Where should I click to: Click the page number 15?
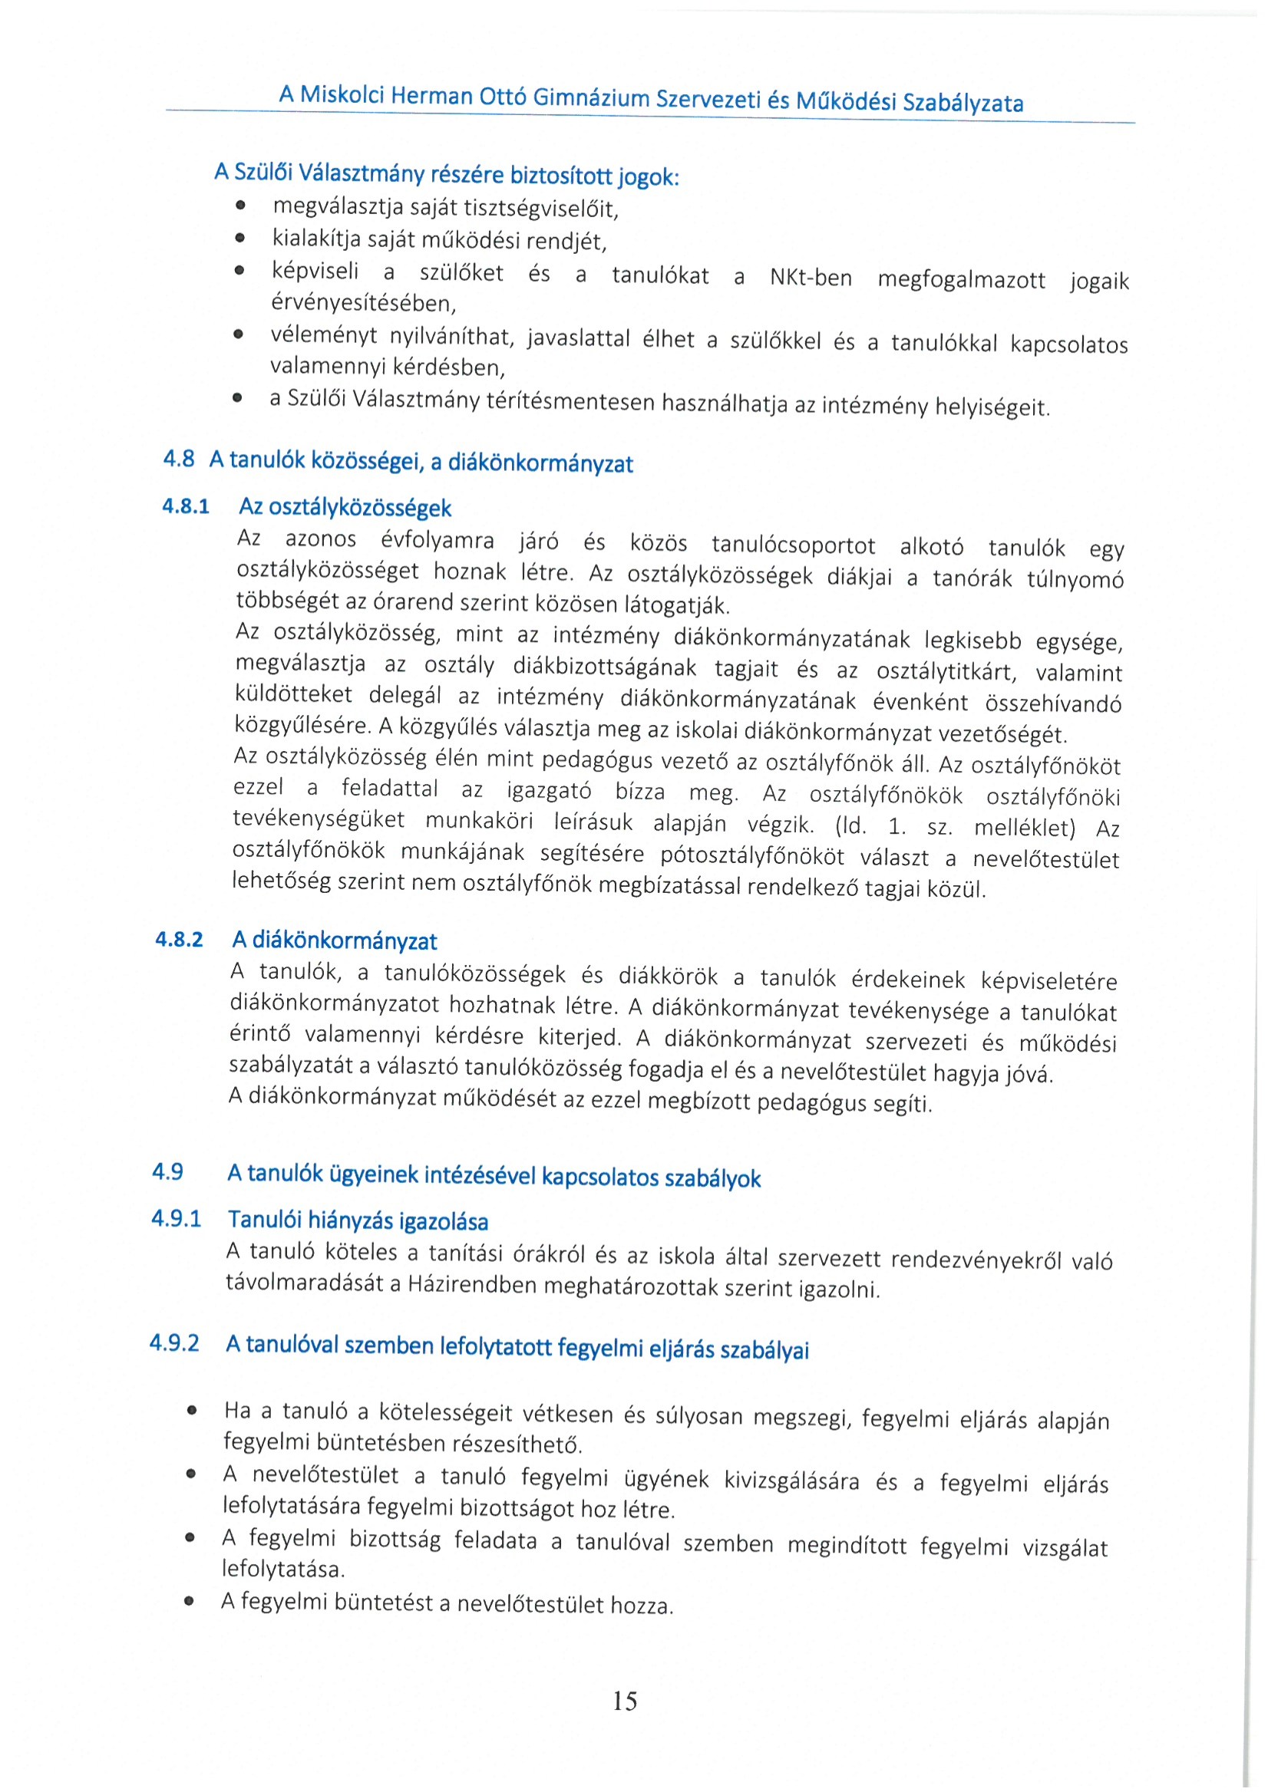(x=625, y=1700)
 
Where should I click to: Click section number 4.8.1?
(x=186, y=506)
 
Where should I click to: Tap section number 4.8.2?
(x=179, y=939)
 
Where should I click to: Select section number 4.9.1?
(x=177, y=1218)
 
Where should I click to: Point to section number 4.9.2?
(x=174, y=1343)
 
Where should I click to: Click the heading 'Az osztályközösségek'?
(x=345, y=508)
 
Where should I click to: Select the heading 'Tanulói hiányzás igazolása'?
(x=358, y=1220)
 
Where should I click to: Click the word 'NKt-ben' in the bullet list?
(x=811, y=278)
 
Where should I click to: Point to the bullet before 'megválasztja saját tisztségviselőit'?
(x=240, y=206)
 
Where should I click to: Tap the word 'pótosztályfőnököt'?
(x=752, y=856)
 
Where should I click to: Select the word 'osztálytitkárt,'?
(x=947, y=672)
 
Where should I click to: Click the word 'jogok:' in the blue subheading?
(x=648, y=177)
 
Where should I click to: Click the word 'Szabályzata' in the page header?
(x=962, y=103)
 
